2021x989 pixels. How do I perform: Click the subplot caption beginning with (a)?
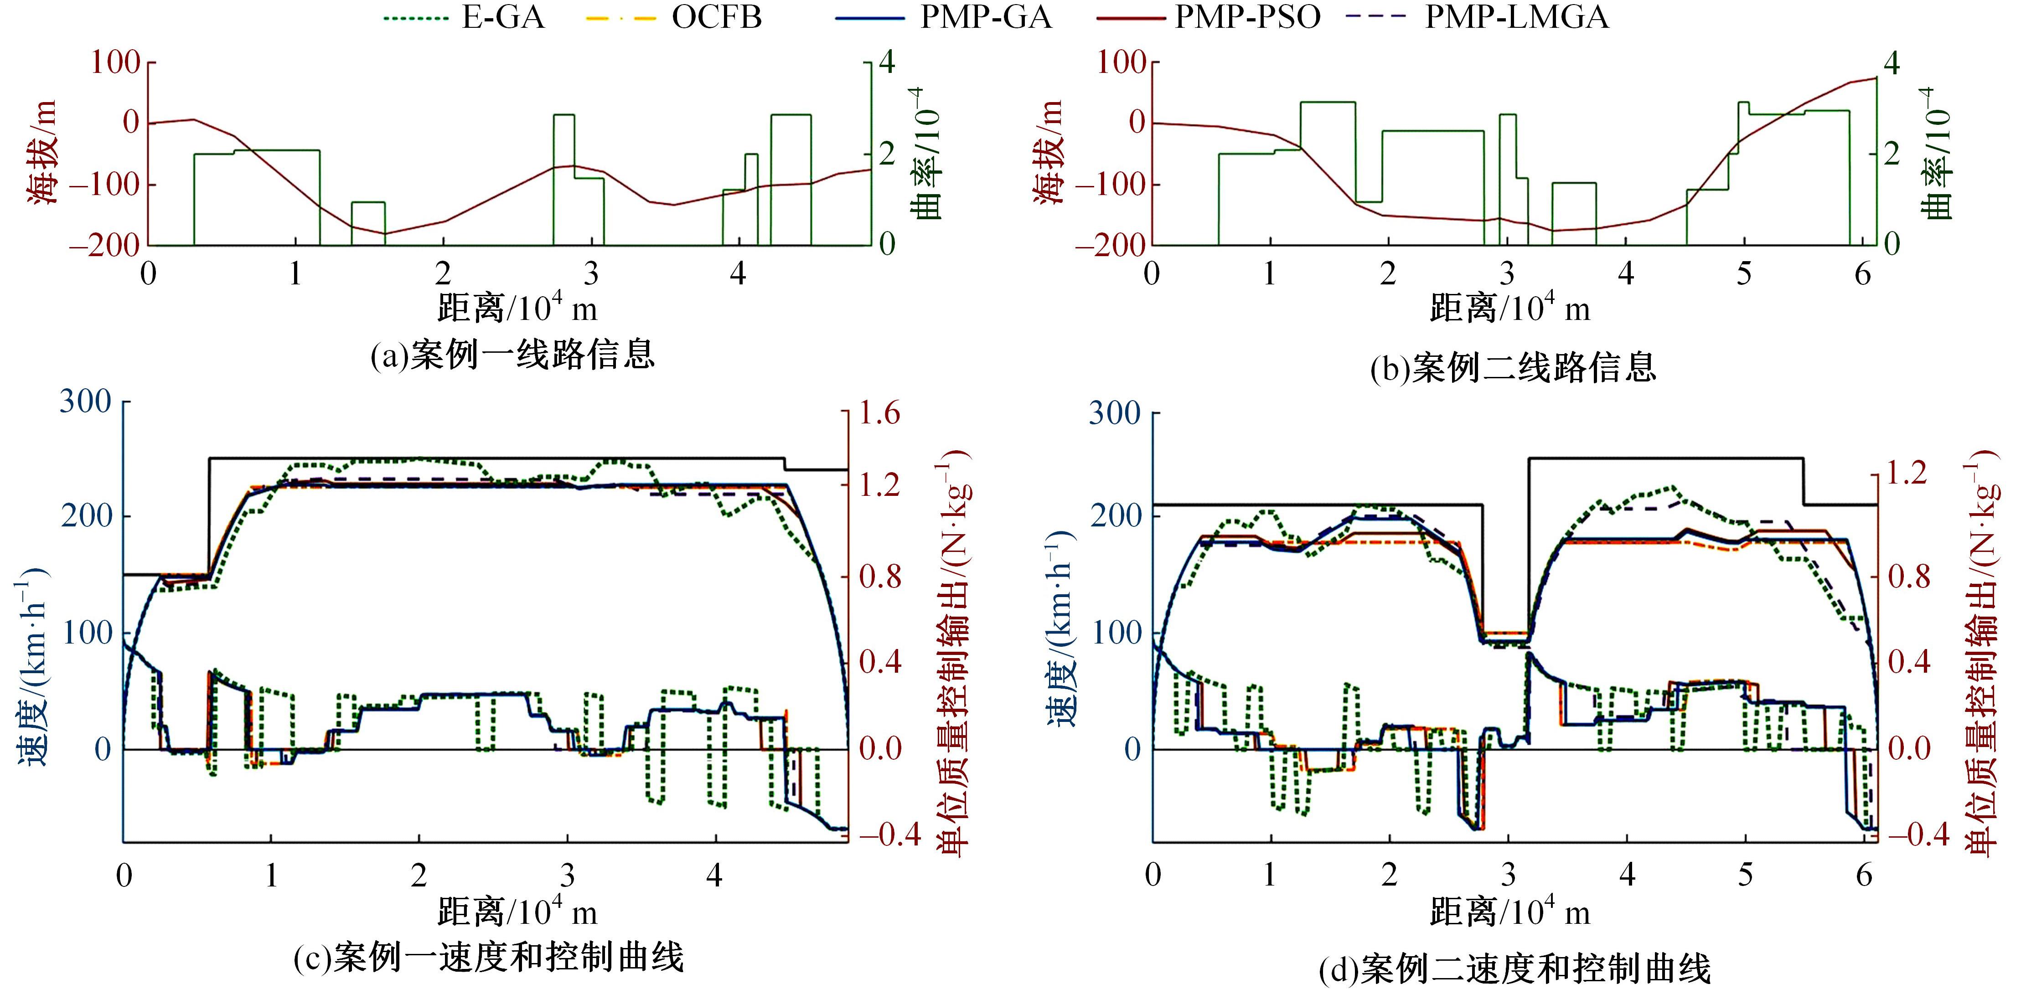[x=512, y=355]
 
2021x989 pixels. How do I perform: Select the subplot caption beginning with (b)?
[x=1513, y=367]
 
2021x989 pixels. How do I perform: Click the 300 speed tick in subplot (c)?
[x=86, y=402]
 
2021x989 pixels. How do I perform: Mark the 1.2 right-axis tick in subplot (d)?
[x=1907, y=474]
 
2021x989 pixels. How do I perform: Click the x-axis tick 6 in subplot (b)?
[x=1862, y=274]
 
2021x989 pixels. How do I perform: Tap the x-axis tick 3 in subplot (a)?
[x=591, y=274]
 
